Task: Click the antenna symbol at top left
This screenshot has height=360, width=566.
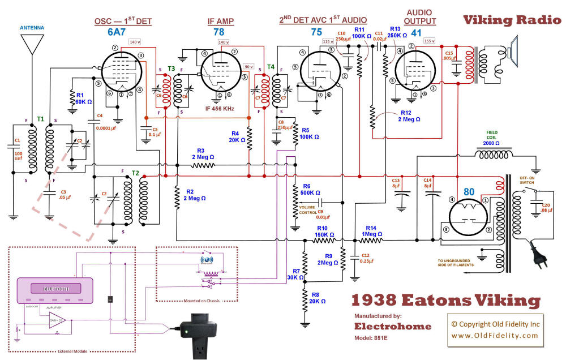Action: point(32,43)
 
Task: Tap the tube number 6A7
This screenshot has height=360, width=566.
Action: point(118,32)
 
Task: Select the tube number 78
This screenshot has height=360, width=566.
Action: point(218,32)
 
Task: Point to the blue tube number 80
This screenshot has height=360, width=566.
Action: point(469,192)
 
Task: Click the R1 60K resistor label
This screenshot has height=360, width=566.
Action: point(83,98)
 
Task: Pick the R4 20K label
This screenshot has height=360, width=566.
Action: point(237,137)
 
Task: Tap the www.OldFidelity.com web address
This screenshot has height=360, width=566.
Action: point(495,336)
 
